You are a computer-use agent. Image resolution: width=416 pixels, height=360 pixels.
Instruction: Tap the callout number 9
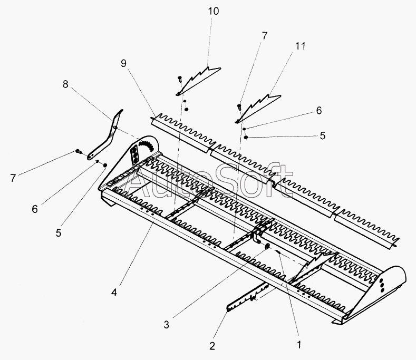click(x=123, y=63)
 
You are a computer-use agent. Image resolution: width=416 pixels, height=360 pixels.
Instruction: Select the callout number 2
click(x=212, y=346)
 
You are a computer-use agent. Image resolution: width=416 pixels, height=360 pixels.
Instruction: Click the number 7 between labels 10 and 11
click(x=264, y=36)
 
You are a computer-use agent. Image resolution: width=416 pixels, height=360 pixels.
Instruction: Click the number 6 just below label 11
click(x=318, y=111)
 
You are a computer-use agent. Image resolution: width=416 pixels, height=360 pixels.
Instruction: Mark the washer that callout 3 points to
click(x=267, y=247)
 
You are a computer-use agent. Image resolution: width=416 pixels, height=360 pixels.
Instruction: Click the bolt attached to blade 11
click(x=240, y=108)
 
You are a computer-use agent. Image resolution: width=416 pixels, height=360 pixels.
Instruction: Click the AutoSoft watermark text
click(x=211, y=182)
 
